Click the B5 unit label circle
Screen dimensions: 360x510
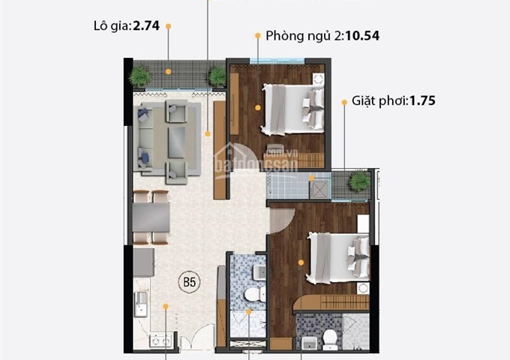pos(189,283)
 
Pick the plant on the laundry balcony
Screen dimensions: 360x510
pos(360,180)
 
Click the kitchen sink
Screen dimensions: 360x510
pos(142,302)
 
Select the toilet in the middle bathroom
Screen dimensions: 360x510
pos(253,294)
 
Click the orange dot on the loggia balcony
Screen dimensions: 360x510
pos(169,72)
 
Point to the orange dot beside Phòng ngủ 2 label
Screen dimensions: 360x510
pos(257,35)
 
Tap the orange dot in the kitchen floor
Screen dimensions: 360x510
pos(166,305)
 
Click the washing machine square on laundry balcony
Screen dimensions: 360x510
pos(320,187)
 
